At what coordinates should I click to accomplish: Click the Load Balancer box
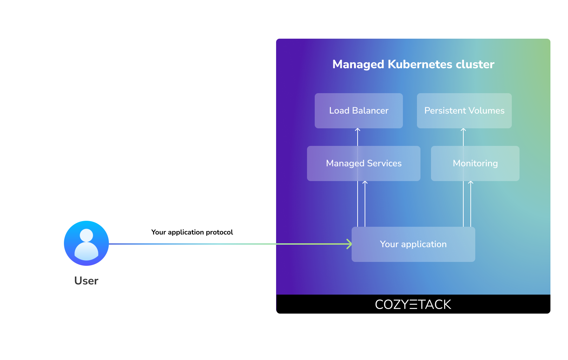coord(358,111)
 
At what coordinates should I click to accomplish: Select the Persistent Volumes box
coord(464,111)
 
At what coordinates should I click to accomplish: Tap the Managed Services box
coord(363,163)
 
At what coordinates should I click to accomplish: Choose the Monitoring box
coord(475,163)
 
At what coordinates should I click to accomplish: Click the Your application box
coord(413,244)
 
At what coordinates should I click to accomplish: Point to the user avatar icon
coord(86,243)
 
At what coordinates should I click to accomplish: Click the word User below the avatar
coord(86,281)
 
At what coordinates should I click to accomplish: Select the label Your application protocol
coord(192,232)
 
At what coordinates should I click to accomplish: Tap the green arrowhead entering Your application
coord(350,244)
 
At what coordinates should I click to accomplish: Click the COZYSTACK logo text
coord(413,304)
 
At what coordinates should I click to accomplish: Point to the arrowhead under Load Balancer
coord(358,130)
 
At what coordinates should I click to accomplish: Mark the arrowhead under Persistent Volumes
coord(463,130)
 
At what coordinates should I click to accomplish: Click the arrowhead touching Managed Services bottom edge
coord(365,183)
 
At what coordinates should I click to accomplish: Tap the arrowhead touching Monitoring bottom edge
coord(471,183)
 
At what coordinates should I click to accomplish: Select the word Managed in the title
coord(358,64)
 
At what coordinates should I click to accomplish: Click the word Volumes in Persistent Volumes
coord(486,111)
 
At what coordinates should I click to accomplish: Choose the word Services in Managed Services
coord(384,163)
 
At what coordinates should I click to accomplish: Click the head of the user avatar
coord(86,235)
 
